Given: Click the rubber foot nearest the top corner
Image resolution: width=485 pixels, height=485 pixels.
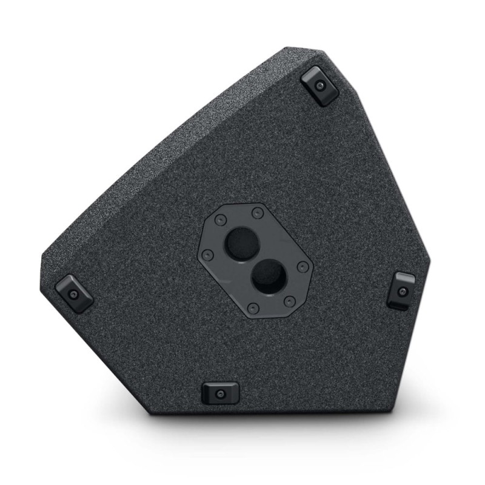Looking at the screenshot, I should (x=319, y=85).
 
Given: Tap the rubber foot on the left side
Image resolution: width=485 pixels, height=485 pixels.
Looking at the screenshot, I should (x=74, y=293).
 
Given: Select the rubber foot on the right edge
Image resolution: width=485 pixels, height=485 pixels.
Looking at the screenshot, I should (x=401, y=290).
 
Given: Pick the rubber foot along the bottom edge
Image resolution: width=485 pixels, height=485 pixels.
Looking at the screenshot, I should (x=220, y=393).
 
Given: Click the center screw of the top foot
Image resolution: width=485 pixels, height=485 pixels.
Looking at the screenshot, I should (x=320, y=86).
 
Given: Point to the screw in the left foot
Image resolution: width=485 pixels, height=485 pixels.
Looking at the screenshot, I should (x=74, y=294).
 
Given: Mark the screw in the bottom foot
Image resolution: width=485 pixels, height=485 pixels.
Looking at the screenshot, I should (x=220, y=394).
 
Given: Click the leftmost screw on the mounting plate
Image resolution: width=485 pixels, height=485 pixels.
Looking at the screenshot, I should (x=207, y=255).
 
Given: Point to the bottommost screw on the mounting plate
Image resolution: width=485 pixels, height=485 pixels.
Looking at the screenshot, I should (x=253, y=309).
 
